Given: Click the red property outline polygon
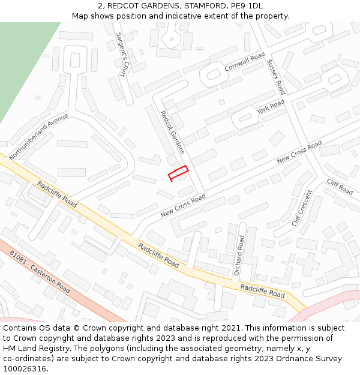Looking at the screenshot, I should click(178, 173).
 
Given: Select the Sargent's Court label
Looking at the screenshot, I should click(122, 55).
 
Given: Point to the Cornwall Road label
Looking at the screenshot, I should click(245, 62).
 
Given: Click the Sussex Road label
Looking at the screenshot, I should click(275, 76).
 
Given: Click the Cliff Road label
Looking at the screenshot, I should click(340, 187).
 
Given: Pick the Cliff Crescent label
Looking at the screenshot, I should click(302, 208).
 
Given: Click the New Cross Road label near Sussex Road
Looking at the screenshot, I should click(299, 152).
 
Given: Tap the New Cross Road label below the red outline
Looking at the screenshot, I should click(183, 206).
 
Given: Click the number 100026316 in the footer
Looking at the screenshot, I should click(25, 368).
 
